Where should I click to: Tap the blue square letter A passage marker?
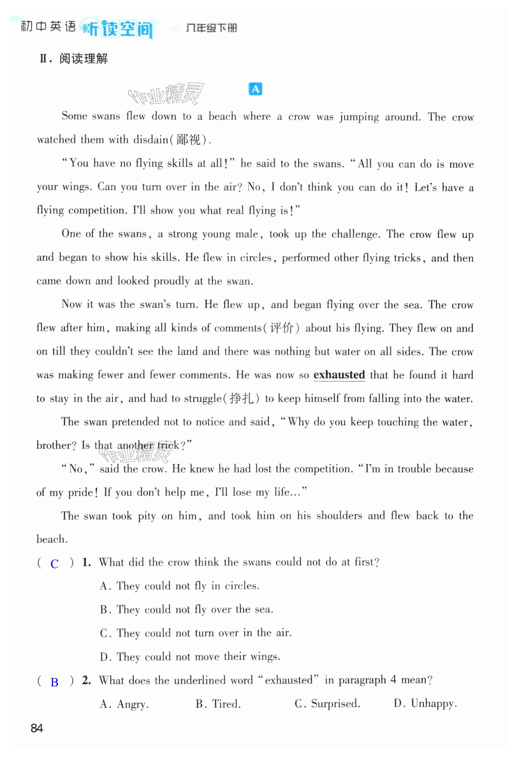point(255,89)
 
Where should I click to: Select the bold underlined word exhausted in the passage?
point(339,375)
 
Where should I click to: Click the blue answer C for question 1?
point(55,564)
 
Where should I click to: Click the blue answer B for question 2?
point(55,682)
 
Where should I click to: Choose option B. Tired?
point(218,704)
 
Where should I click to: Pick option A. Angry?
point(124,704)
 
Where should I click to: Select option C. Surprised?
point(327,704)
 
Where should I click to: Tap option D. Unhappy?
point(425,704)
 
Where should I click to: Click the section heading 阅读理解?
point(83,59)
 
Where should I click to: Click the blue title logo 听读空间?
point(117,29)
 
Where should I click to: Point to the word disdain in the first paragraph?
point(151,140)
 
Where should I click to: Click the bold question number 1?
point(86,562)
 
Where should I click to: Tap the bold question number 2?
point(86,680)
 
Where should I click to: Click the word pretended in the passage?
point(136,422)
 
